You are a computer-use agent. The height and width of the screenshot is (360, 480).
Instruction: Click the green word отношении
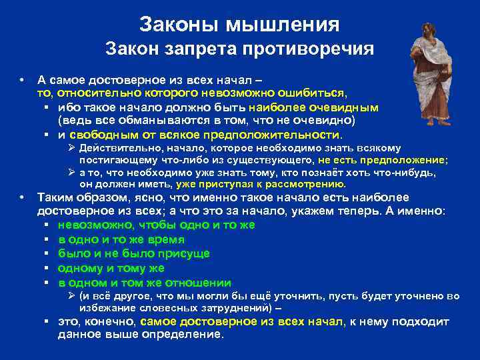pyautogui.click(x=199, y=282)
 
